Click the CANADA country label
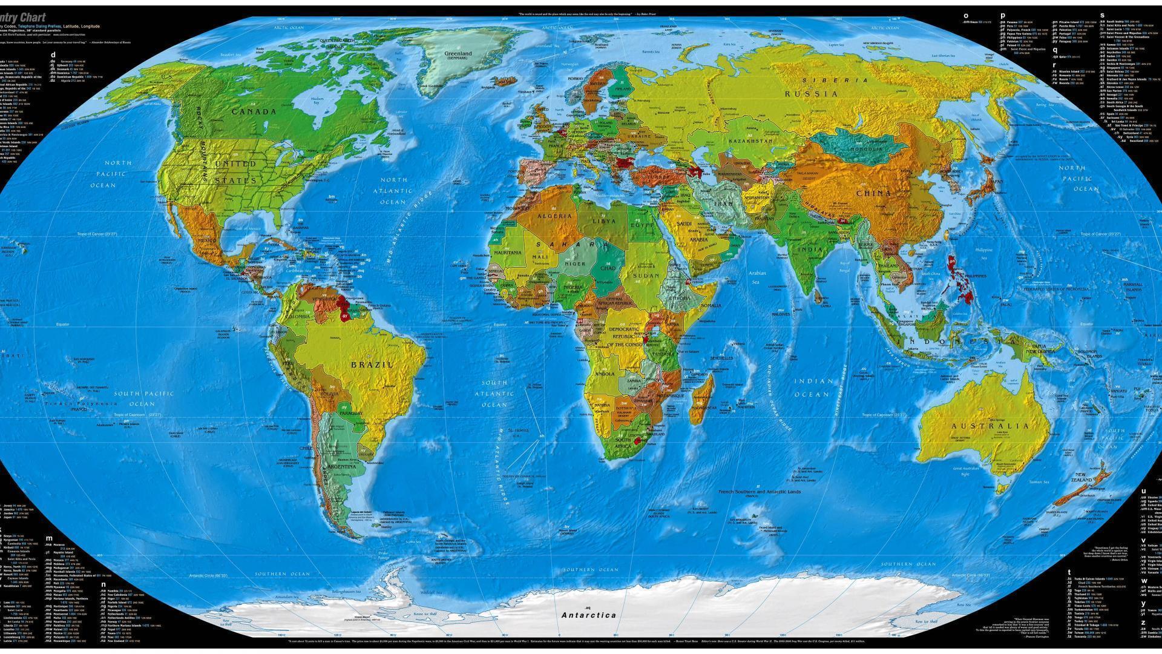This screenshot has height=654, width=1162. point(254,111)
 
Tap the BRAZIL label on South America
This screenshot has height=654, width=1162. point(372,365)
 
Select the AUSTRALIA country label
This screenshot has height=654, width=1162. point(990,426)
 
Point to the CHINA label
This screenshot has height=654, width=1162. point(873,193)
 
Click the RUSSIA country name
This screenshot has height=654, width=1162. point(812,94)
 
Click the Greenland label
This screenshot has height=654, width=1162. point(458,54)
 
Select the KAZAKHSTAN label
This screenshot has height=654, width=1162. point(750,140)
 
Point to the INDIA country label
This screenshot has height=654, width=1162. point(810,249)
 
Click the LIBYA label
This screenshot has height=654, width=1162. point(603,221)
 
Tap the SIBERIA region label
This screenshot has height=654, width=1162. point(835,80)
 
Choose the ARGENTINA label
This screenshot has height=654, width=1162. point(343,467)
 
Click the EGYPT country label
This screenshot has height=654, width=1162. point(643,225)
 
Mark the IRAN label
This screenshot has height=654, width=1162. point(723,203)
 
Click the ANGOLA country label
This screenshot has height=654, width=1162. point(605,374)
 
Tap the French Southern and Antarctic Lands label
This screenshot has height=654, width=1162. point(759,492)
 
